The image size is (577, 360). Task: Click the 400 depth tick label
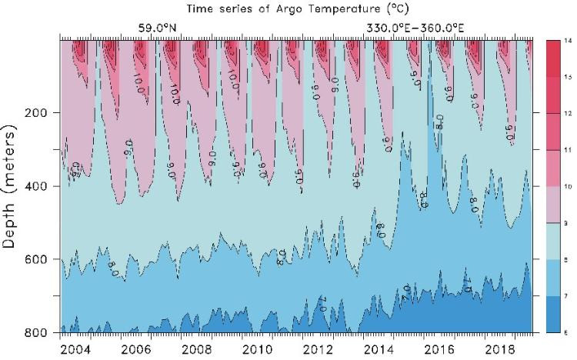(41, 186)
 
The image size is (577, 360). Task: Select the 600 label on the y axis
(41, 259)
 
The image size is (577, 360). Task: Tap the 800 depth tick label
(41, 332)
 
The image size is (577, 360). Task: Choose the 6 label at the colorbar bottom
(568, 331)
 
